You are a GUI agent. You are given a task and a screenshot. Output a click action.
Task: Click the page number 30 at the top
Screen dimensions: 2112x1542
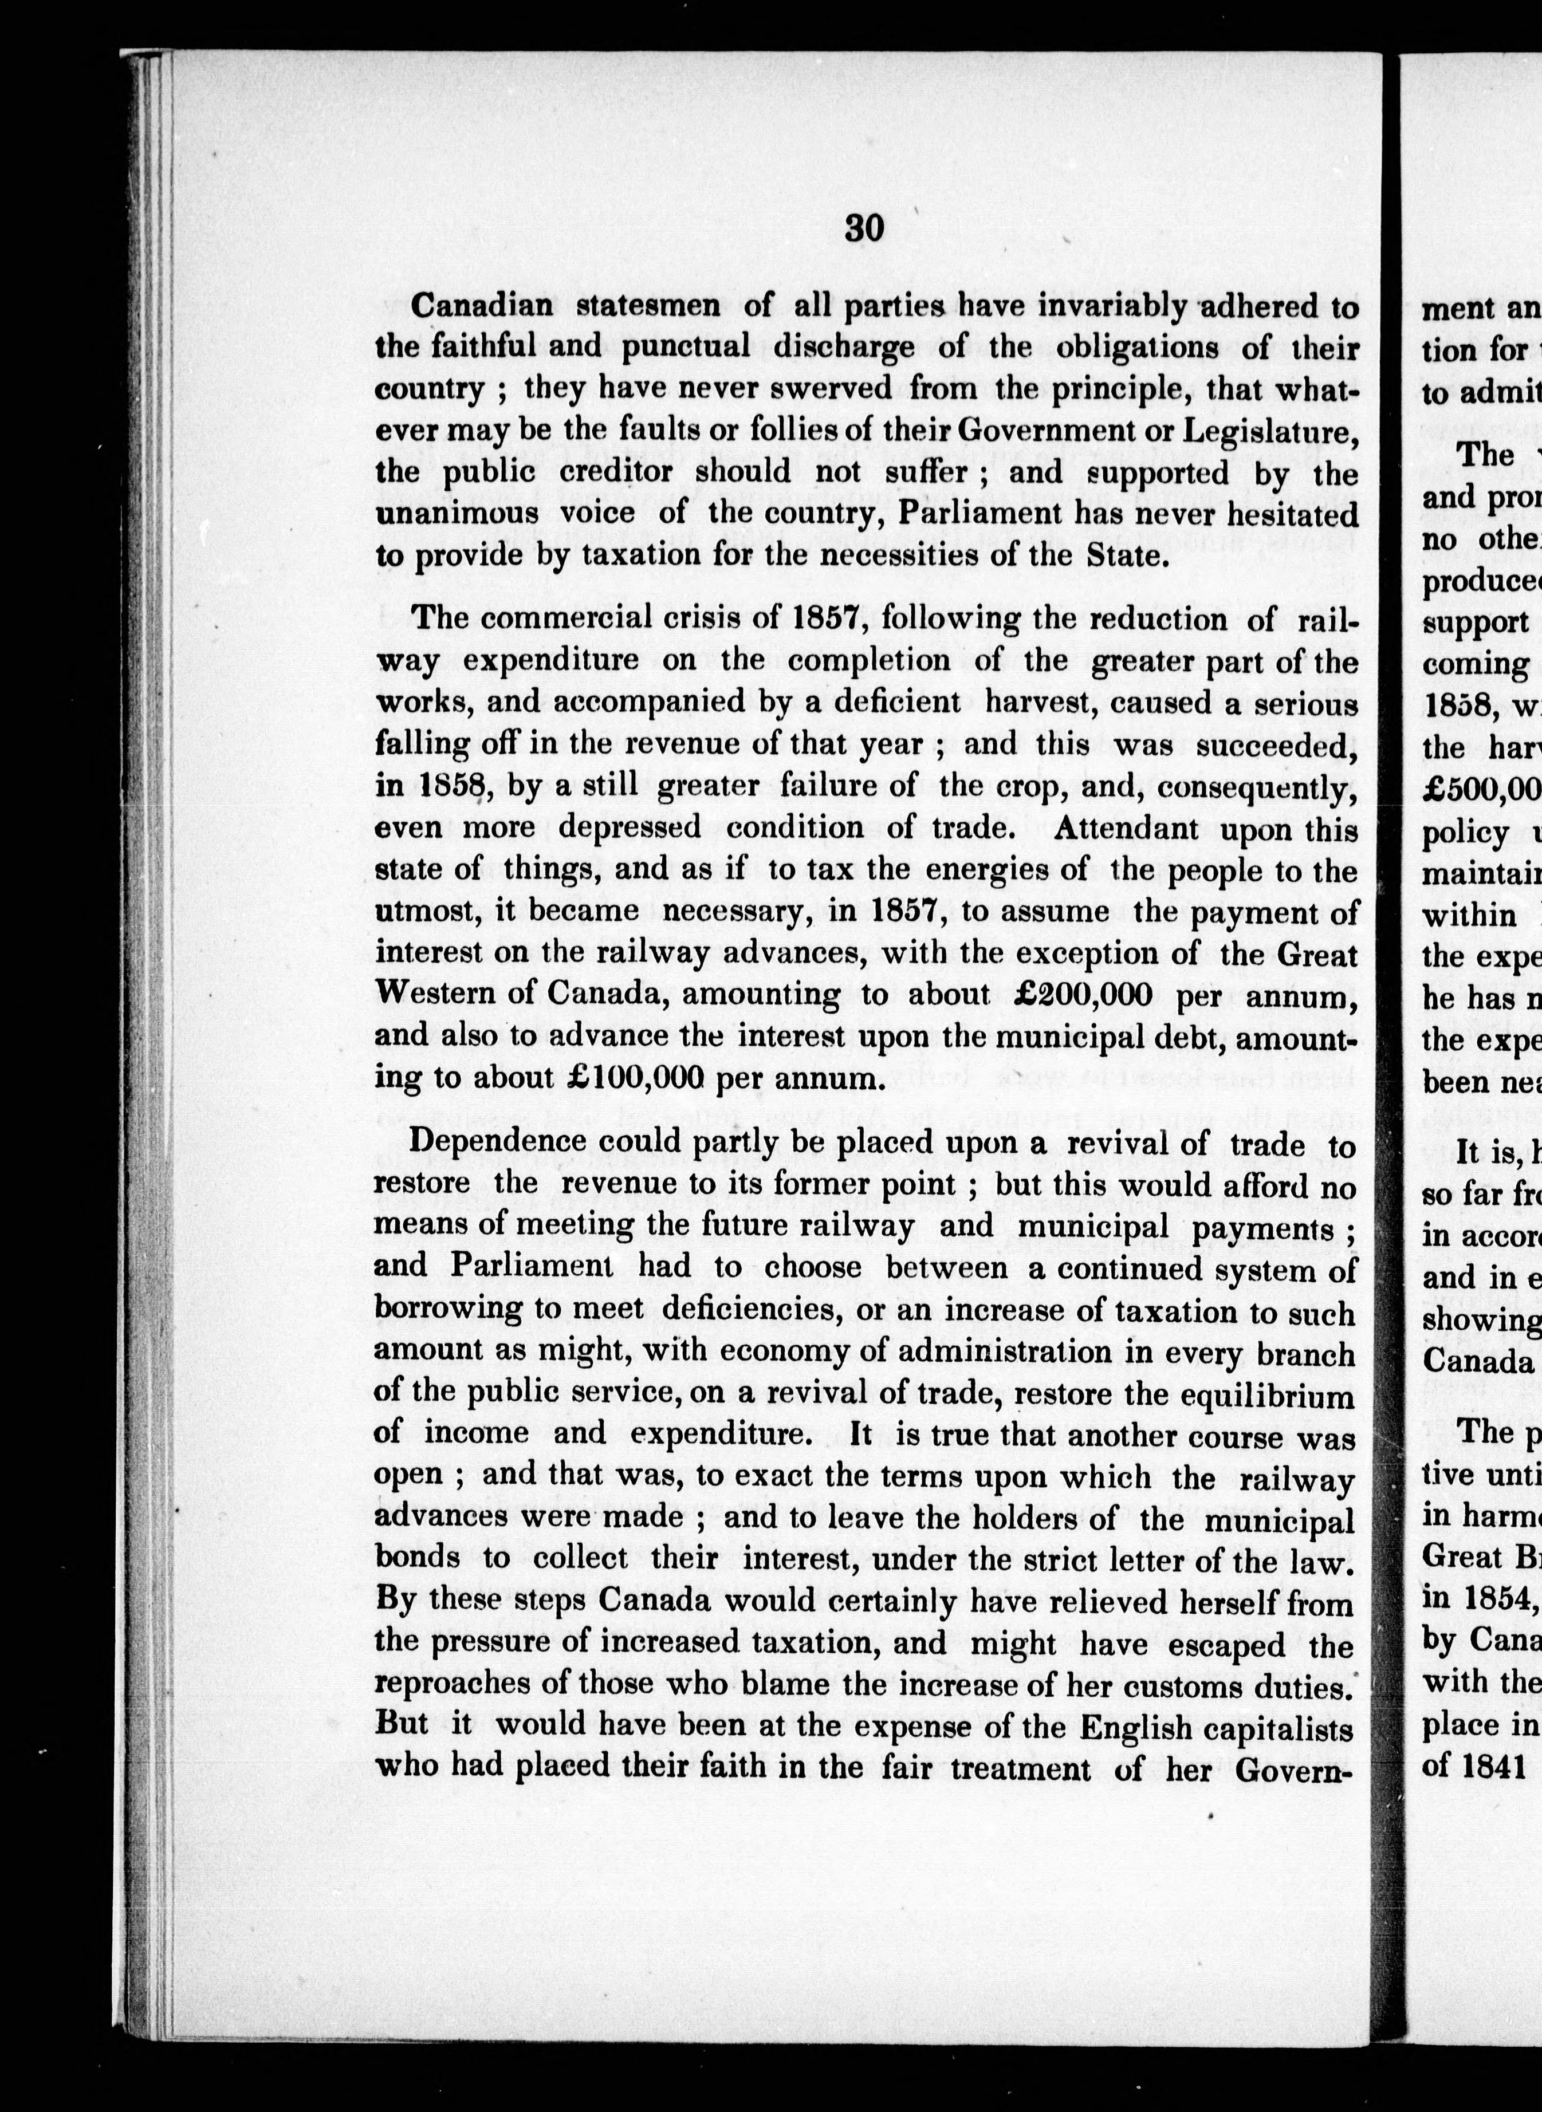click(863, 228)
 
